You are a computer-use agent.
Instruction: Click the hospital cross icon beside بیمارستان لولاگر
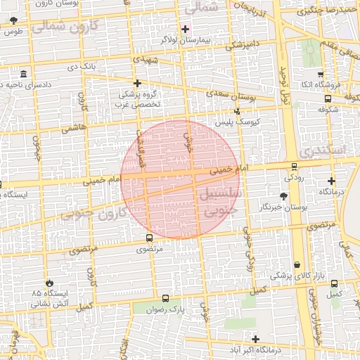coord(186,29)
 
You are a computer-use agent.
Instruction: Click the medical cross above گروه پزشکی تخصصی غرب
coord(138,83)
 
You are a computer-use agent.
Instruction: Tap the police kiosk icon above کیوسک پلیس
coord(237,111)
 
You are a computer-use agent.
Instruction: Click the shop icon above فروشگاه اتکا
coord(321,75)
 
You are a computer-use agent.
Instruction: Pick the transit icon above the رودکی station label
coord(294,167)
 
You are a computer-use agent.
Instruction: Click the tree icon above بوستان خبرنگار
coord(283,195)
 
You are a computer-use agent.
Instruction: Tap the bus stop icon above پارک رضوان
coord(166,298)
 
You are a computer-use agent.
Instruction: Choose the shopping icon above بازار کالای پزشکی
coord(297,265)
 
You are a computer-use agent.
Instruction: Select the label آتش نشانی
coord(46,304)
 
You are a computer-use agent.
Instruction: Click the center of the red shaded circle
coord(179,179)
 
